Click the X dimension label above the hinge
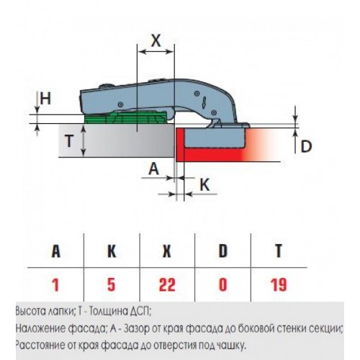156,40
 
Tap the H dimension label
45,98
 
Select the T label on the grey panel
69,141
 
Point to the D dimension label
306,146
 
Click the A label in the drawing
154,168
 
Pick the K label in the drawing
204,185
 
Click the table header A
55,251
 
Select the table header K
112,251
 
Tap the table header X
167,251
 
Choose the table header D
223,251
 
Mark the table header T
279,251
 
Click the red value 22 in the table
167,285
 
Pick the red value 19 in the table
279,285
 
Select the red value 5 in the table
112,285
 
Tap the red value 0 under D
223,285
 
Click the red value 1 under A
55,285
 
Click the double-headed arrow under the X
156,51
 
